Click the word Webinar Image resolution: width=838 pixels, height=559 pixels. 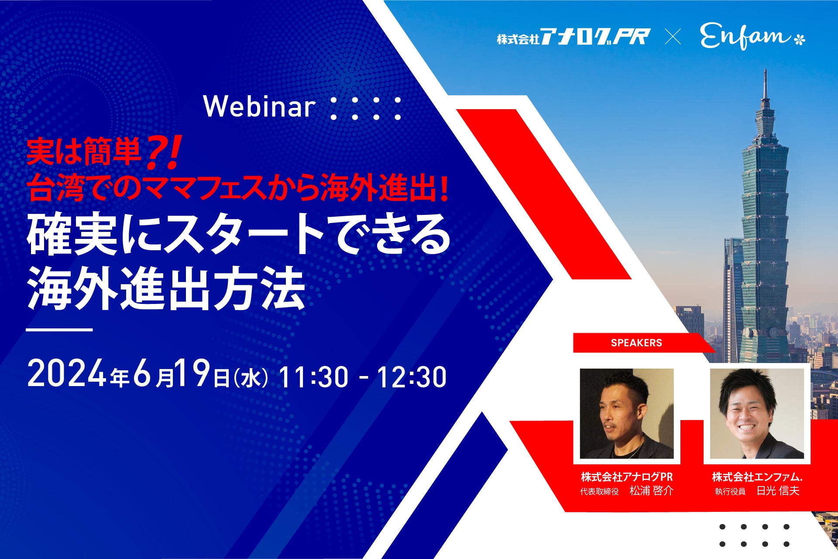[x=259, y=107]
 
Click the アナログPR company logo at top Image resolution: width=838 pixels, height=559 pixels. [x=574, y=37]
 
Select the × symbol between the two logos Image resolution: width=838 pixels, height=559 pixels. [x=673, y=37]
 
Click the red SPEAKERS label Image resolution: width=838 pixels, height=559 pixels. [x=636, y=343]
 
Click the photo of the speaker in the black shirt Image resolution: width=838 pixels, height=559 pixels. [x=627, y=414]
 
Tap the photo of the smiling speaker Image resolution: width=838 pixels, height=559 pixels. [x=757, y=414]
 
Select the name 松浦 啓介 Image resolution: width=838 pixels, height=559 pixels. [x=651, y=491]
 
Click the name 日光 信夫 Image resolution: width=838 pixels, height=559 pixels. [x=778, y=491]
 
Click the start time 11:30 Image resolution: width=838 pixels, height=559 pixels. [x=313, y=377]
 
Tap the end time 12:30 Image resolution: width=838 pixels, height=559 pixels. [x=412, y=377]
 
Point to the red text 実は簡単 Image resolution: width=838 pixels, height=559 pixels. [x=84, y=152]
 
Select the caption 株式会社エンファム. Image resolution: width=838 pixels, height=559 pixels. [x=757, y=477]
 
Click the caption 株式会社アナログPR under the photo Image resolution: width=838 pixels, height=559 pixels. [x=627, y=477]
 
